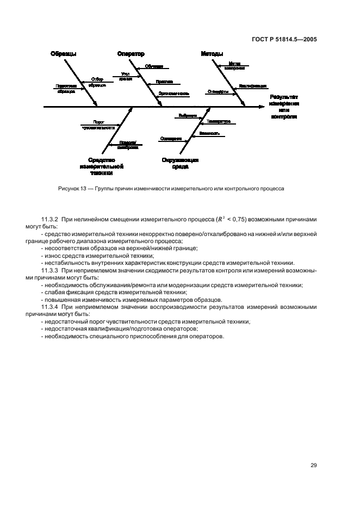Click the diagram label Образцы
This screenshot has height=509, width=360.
(64, 54)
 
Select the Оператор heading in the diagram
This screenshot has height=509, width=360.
(131, 54)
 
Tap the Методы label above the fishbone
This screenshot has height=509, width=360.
(212, 54)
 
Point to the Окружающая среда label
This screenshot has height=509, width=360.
(180, 163)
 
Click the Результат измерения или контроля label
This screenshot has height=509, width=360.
(284, 107)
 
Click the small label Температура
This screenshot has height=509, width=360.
(219, 121)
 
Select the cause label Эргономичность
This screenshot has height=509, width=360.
(174, 93)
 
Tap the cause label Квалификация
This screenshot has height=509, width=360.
(252, 86)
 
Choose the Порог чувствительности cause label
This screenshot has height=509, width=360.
(98, 125)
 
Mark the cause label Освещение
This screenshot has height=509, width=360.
(171, 139)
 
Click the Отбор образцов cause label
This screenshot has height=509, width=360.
(97, 82)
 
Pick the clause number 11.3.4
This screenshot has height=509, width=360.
(51, 307)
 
